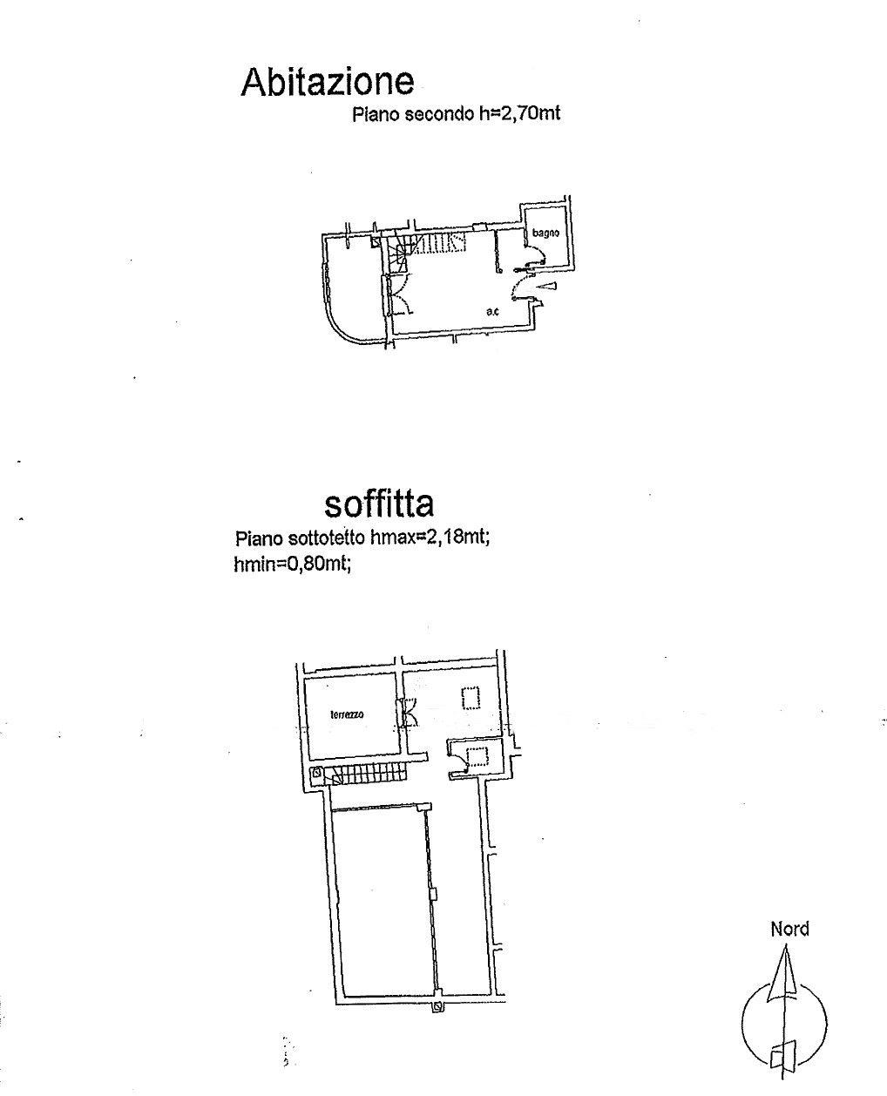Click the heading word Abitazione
pos(328,81)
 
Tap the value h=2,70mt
pos(519,114)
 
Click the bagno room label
pos(545,233)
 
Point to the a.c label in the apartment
pos(492,311)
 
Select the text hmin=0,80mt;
pos(292,565)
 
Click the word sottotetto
pos(327,538)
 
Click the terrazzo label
pos(347,714)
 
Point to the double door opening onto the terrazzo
pos(406,712)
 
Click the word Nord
pos(789,930)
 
